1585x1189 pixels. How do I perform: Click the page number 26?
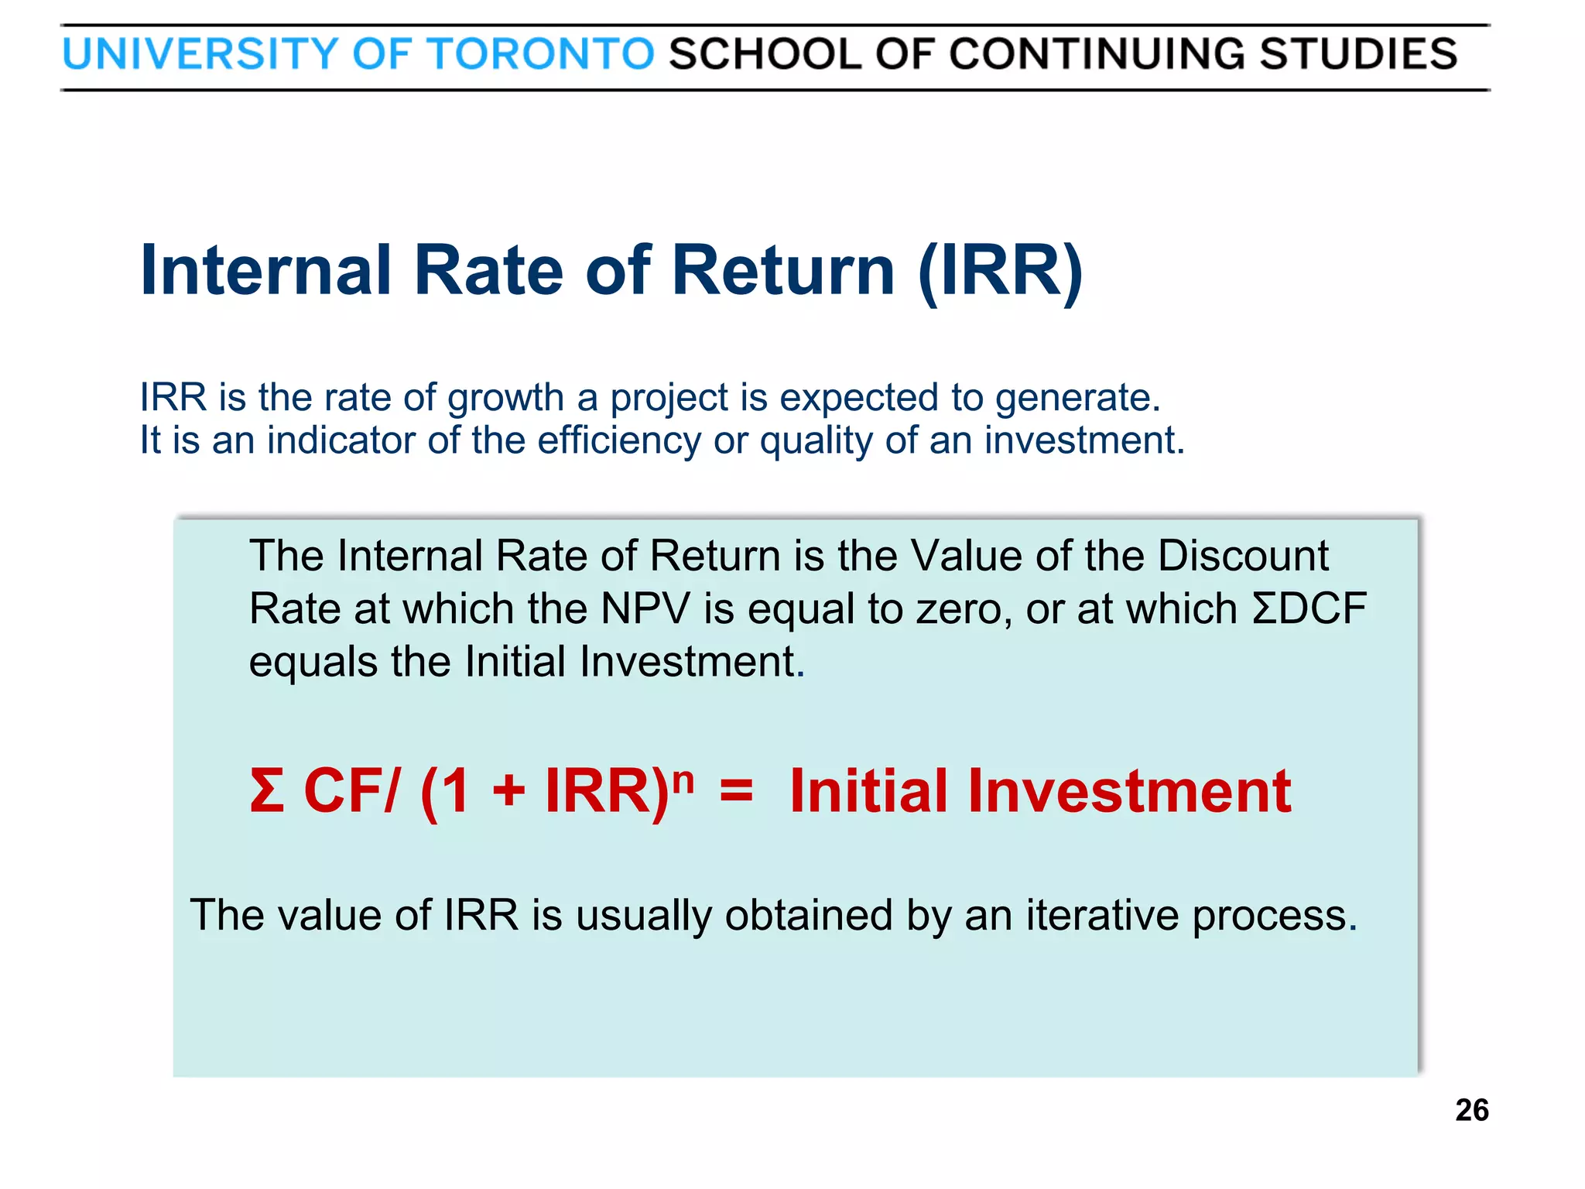pos(1471,1110)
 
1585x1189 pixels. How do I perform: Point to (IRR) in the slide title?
pos(1000,271)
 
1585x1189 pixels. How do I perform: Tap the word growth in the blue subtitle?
pos(505,398)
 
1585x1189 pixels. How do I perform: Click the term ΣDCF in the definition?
pos(1309,608)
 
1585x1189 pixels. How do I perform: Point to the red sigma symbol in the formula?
pos(267,791)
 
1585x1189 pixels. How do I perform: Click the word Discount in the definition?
pos(1243,556)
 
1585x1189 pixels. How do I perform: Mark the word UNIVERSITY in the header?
pos(200,54)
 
